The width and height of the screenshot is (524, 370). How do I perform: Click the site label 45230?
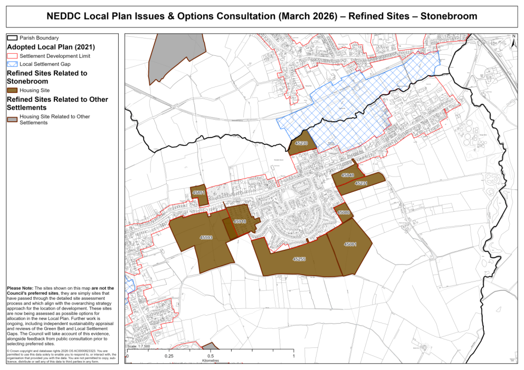point(301,143)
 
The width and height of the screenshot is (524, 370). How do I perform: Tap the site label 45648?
point(347,175)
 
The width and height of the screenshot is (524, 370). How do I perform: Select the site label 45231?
point(361,183)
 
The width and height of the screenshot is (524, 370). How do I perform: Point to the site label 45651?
point(198,193)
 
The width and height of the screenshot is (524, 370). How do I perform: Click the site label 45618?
point(240,222)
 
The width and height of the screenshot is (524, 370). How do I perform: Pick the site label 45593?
point(206,238)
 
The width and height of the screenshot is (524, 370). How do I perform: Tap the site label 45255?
point(299,259)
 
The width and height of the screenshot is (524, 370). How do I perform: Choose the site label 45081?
point(350,244)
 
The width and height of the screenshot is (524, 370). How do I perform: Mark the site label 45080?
point(344,212)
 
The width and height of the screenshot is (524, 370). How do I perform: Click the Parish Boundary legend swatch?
point(12,38)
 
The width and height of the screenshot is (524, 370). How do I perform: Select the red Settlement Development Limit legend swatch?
point(12,55)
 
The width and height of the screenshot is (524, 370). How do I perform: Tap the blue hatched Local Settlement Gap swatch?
point(12,64)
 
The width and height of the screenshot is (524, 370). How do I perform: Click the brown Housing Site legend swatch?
point(12,91)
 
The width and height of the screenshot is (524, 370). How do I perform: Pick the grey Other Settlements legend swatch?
point(12,120)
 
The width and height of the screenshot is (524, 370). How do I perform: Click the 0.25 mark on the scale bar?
point(169,357)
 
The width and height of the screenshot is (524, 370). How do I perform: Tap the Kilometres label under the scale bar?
point(210,361)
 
